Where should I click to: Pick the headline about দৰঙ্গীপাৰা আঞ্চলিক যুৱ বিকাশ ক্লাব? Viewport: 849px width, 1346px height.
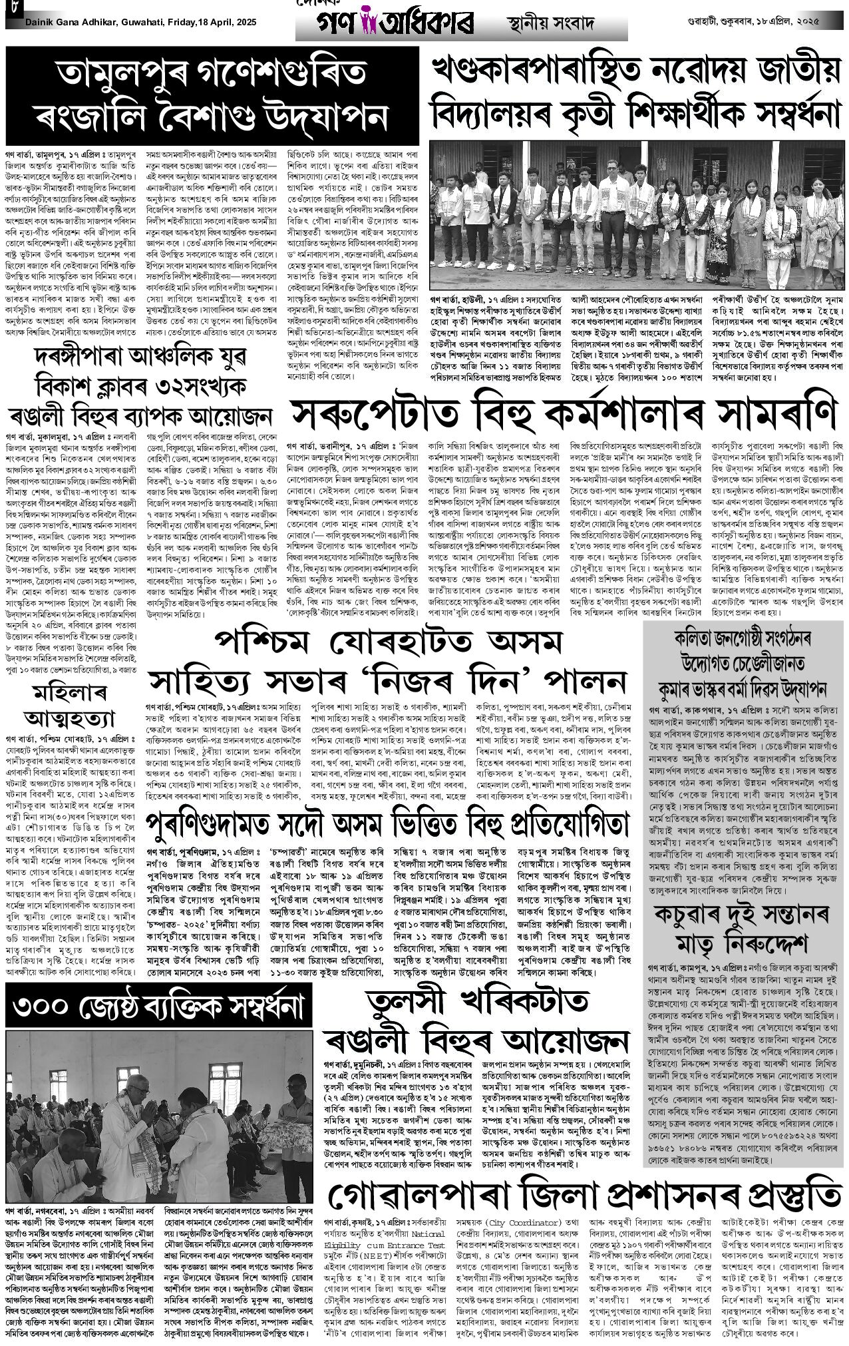click(x=141, y=387)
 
